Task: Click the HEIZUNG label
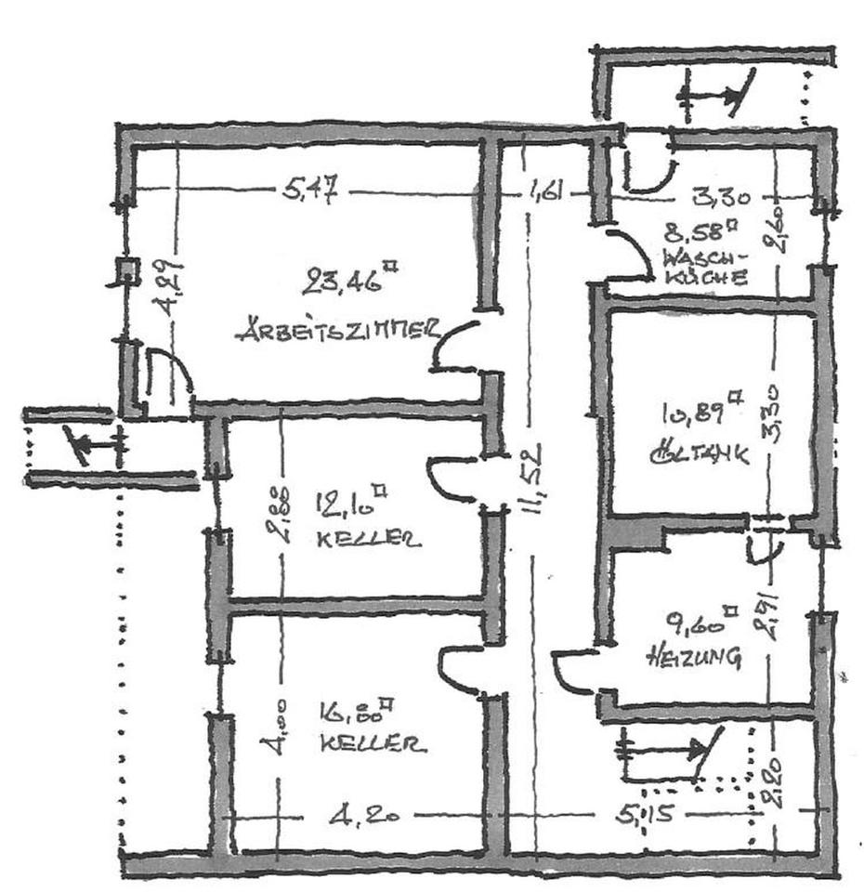(x=693, y=657)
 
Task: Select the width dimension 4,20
(x=365, y=818)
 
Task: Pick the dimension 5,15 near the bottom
(x=642, y=818)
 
